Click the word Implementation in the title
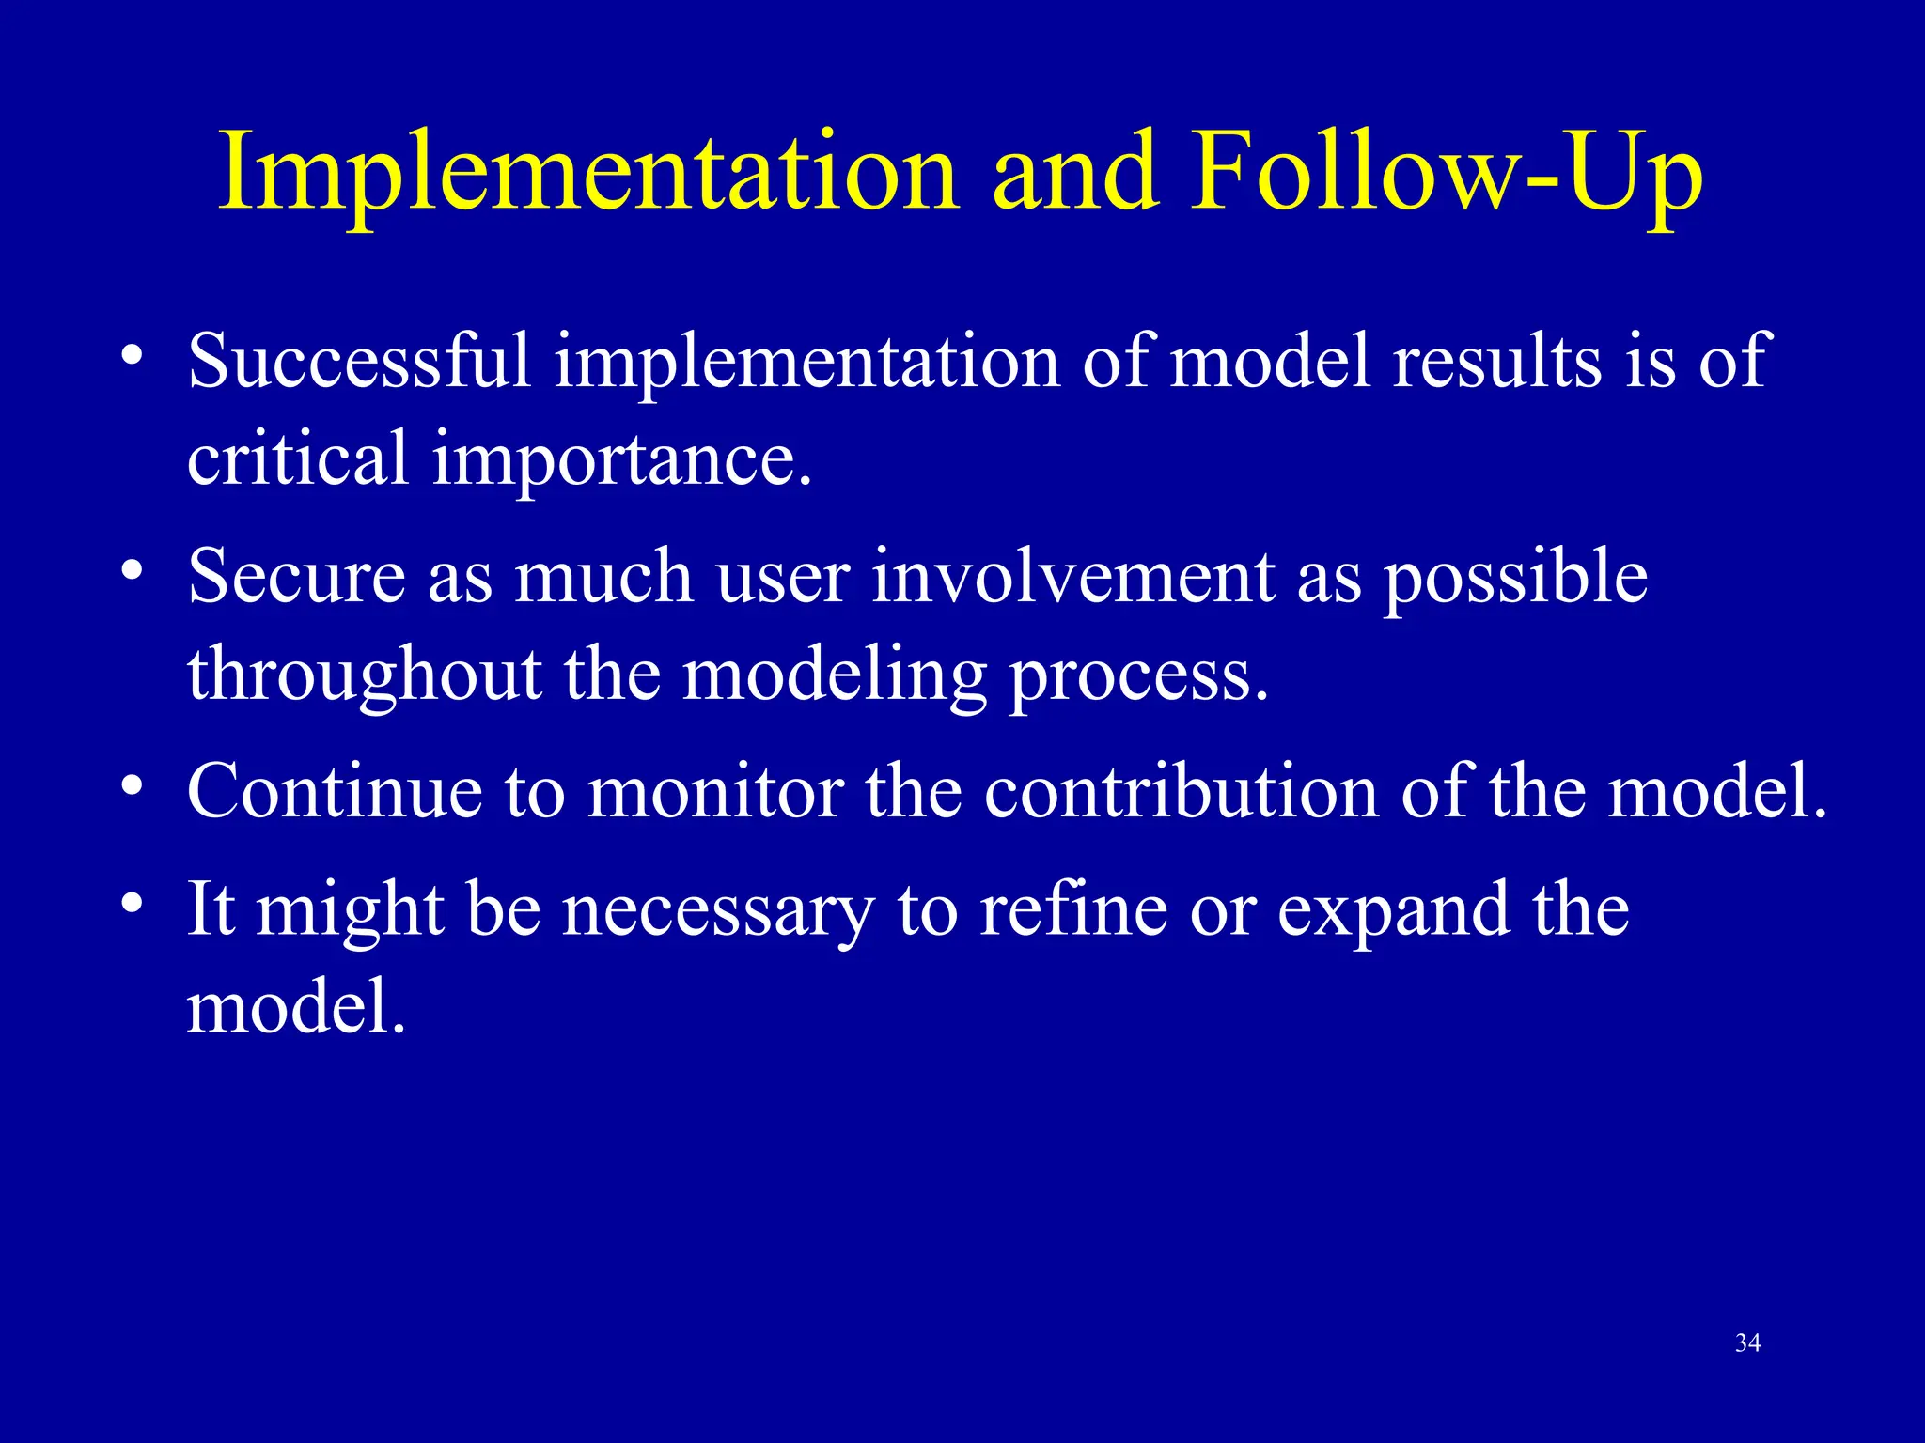coord(588,175)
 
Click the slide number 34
coord(1747,1343)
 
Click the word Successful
coord(359,362)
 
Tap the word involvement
coord(1072,576)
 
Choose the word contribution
coord(1181,792)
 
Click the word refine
coord(1072,908)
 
